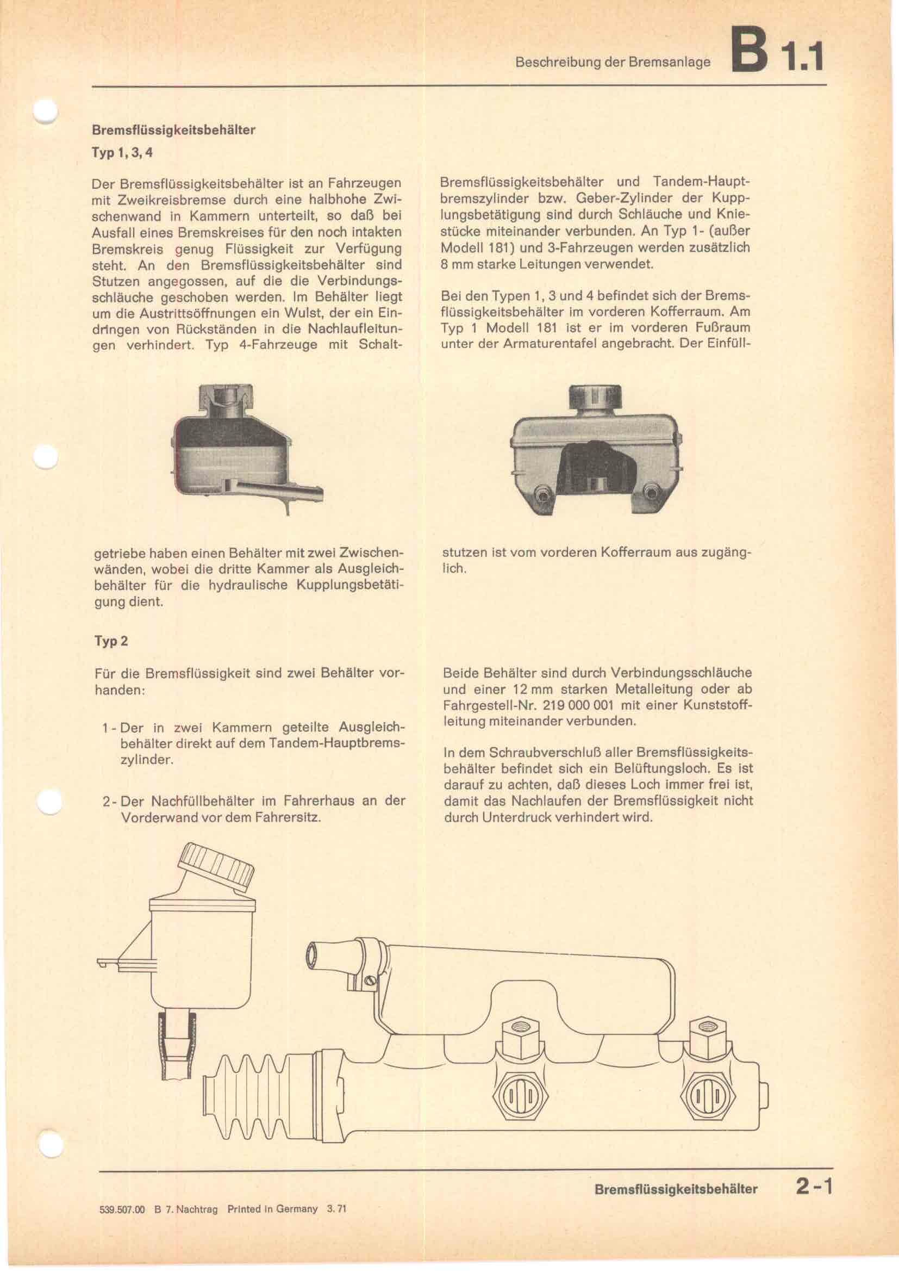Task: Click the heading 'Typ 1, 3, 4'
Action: point(122,153)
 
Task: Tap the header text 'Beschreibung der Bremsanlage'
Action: point(612,62)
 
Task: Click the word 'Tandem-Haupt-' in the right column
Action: point(701,182)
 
